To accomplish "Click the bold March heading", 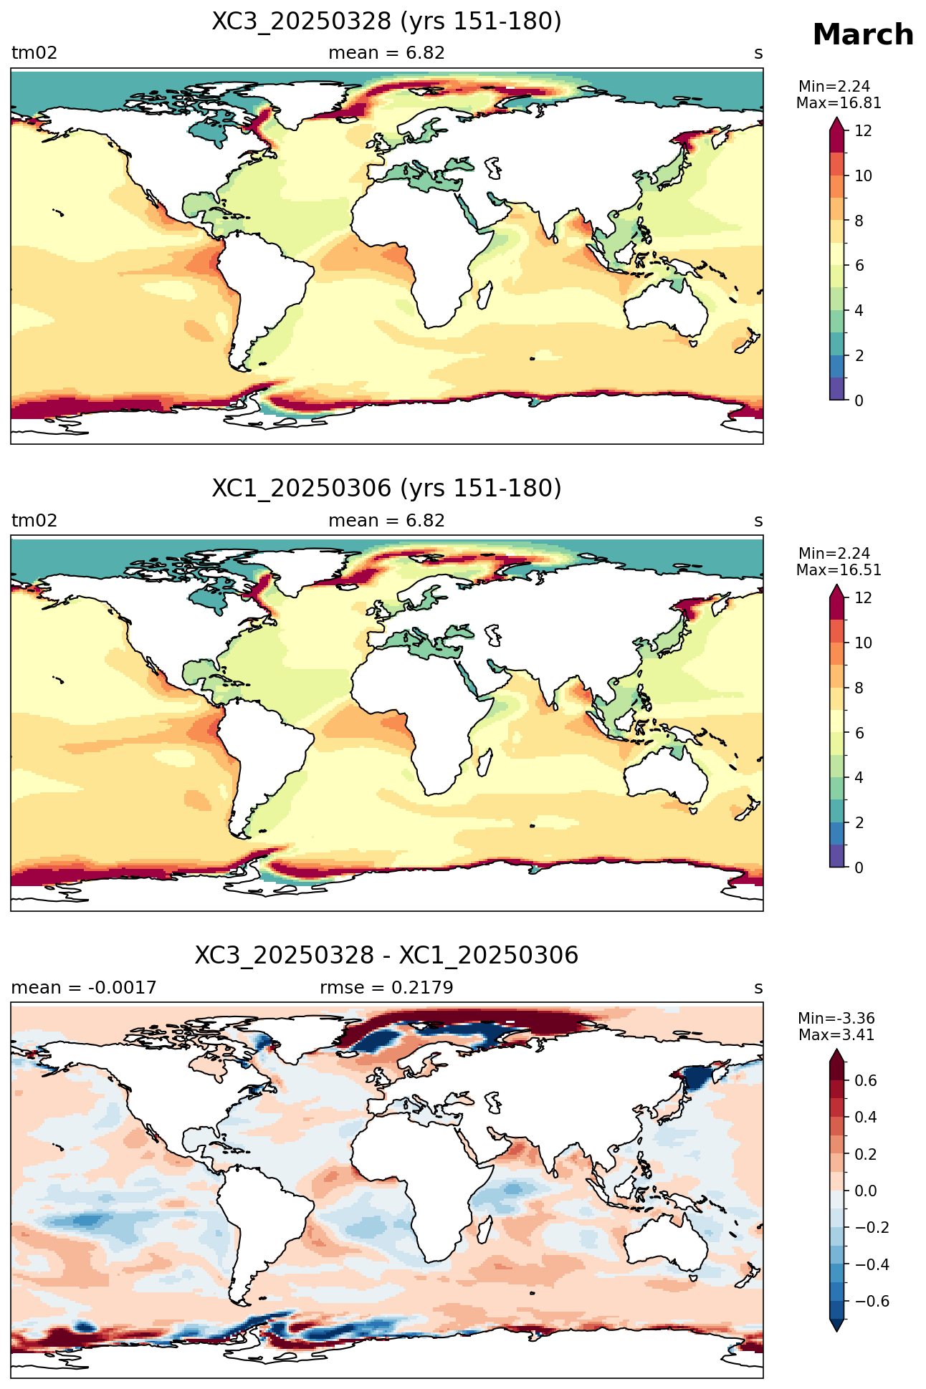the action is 863,34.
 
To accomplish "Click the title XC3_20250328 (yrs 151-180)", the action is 386,21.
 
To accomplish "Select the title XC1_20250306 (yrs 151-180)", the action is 386,489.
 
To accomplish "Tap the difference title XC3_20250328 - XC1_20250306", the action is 386,956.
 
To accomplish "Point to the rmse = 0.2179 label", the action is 386,988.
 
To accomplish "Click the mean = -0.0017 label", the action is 83,988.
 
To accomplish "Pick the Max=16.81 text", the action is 839,103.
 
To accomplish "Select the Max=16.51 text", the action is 839,570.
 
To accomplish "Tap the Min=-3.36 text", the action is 836,1019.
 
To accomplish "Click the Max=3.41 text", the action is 836,1035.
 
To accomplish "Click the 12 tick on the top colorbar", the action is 864,130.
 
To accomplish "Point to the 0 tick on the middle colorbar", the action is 859,867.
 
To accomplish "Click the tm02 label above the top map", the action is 34,53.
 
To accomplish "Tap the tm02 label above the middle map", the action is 34,521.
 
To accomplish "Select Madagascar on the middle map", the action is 485,761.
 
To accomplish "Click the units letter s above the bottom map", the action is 758,989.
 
